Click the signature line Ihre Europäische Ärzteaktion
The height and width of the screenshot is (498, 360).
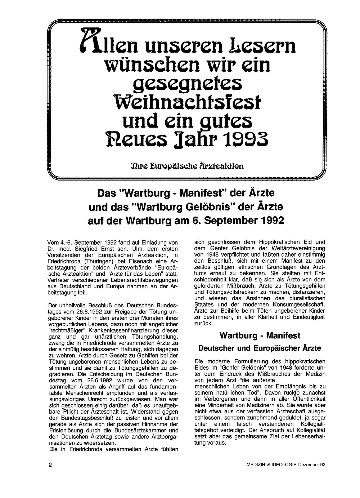(187, 166)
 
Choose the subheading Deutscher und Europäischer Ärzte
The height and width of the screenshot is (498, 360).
(260, 348)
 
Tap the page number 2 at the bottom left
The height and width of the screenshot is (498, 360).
(50, 465)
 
